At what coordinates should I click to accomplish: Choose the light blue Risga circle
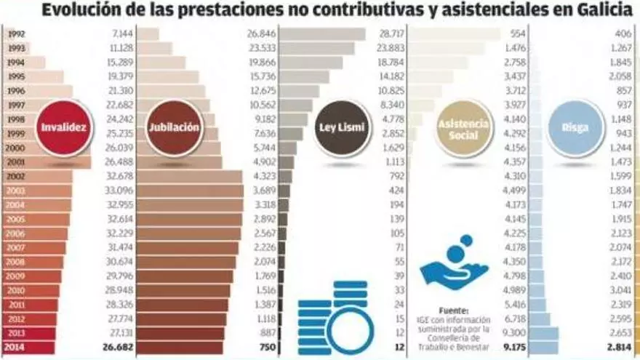click(x=575, y=128)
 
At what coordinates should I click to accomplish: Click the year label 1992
click(x=15, y=33)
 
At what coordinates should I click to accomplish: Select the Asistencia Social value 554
click(x=518, y=33)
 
